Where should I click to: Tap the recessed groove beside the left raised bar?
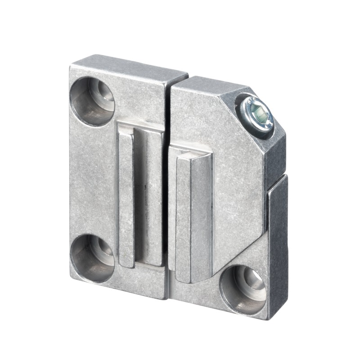tap(147, 198)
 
